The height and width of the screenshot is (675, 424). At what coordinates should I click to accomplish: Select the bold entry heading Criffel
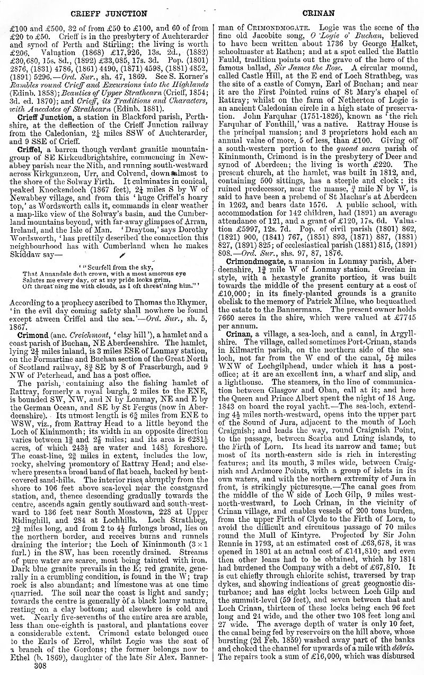coord(31,150)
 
